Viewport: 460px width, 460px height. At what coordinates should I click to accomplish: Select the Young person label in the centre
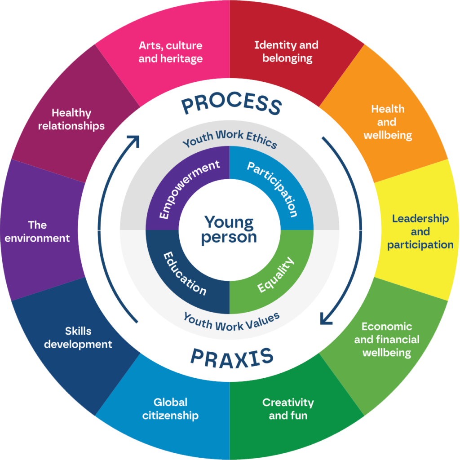(229, 230)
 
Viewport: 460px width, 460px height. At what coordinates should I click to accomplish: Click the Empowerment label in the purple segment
(189, 189)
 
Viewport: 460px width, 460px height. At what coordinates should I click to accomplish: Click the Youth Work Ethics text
(230, 139)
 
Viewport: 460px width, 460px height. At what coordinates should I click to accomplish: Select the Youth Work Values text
(231, 321)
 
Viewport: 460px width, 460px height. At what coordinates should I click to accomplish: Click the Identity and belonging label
(286, 52)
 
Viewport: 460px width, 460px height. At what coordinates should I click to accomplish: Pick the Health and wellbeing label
(388, 122)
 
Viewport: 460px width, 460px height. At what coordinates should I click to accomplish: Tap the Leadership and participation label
(420, 231)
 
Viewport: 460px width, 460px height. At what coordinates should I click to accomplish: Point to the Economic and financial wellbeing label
(386, 340)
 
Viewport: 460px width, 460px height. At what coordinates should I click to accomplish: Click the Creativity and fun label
(288, 409)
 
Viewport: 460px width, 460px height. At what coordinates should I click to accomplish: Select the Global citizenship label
(170, 409)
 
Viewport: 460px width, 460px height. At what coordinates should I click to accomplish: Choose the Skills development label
(78, 338)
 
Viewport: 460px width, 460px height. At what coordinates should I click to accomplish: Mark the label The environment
(37, 231)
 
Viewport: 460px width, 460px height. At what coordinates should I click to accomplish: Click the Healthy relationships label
(71, 119)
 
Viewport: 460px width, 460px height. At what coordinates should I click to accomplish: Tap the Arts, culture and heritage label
(170, 52)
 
